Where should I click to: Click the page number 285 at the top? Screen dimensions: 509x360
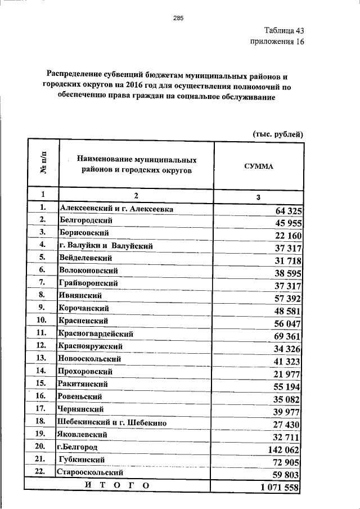click(179, 18)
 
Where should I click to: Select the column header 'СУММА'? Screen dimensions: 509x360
click(258, 167)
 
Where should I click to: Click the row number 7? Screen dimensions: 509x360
click(42, 281)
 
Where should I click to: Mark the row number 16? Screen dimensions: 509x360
click(42, 396)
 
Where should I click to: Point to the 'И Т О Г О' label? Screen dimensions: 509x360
click(117, 485)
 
